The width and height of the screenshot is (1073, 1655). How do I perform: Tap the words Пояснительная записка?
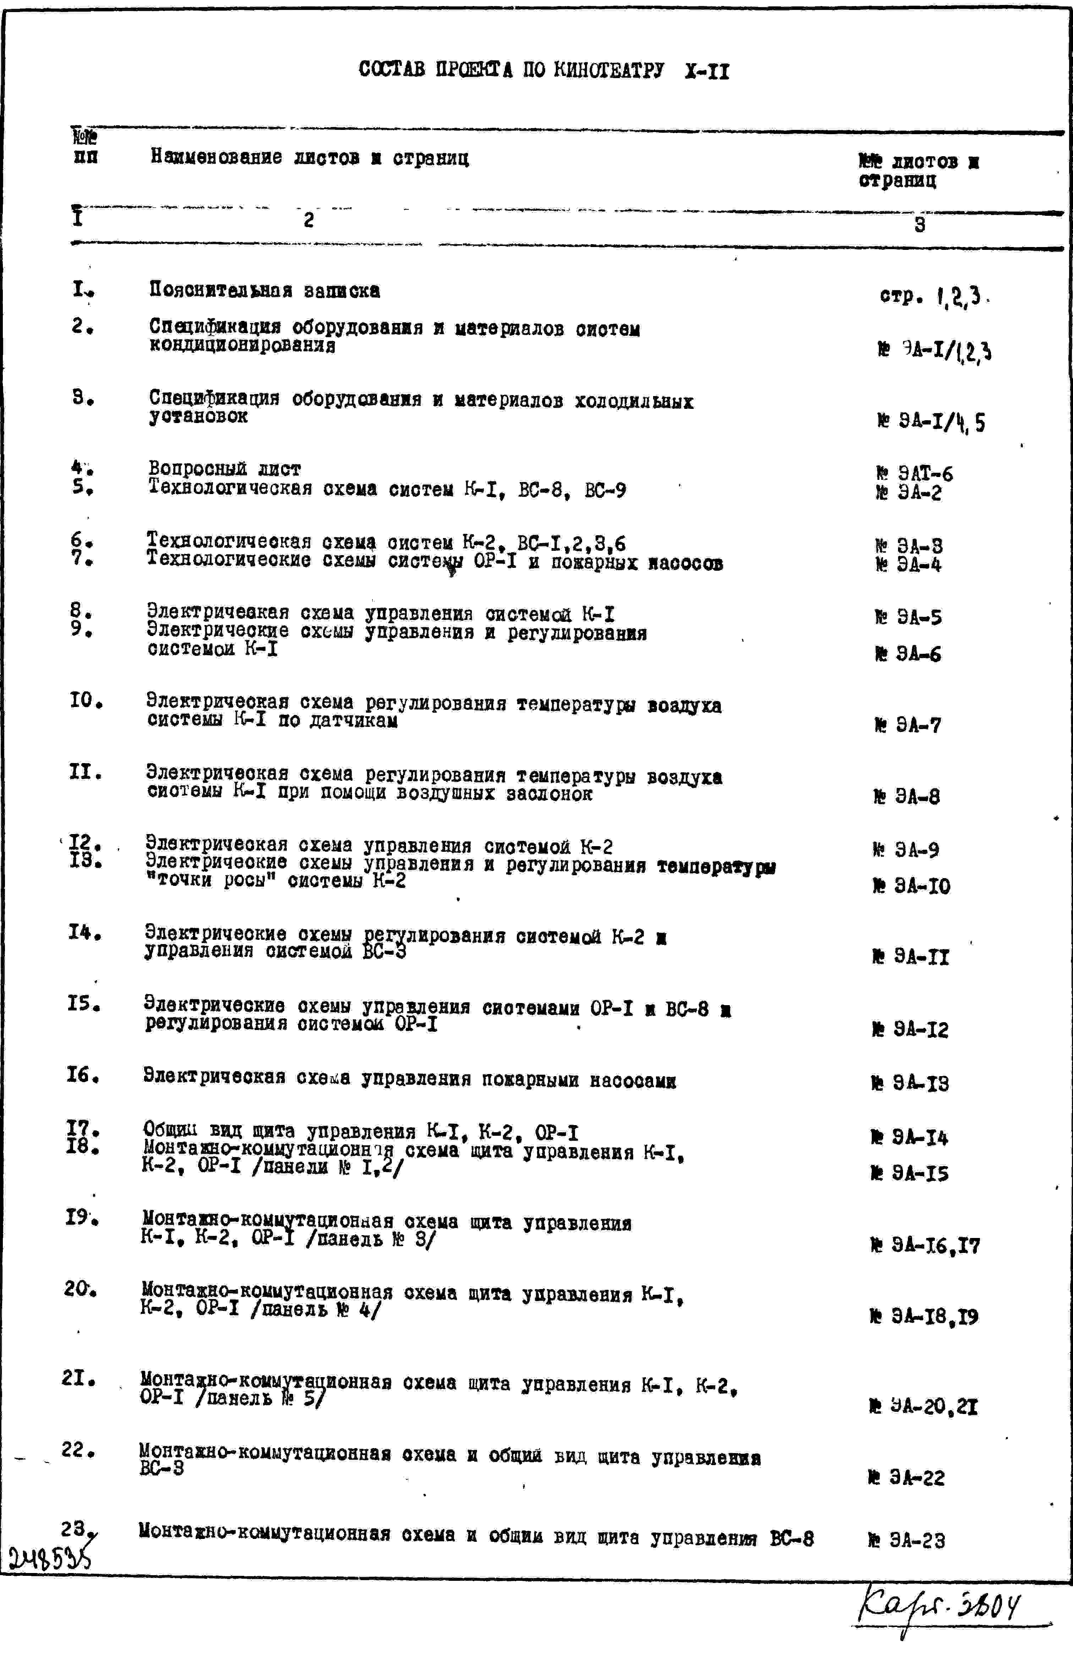coord(264,291)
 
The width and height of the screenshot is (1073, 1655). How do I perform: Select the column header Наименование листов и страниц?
coord(310,159)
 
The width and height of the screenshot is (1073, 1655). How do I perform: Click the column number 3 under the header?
coord(919,225)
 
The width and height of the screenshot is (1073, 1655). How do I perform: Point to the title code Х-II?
coord(707,72)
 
